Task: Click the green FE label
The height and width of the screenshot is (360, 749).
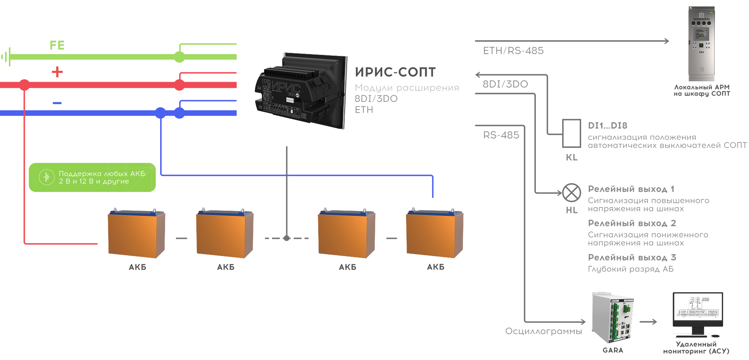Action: click(x=57, y=45)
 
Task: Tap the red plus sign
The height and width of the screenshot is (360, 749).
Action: click(x=57, y=72)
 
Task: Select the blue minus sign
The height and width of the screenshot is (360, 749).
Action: click(x=57, y=103)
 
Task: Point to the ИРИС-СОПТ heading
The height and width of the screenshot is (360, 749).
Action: click(x=395, y=72)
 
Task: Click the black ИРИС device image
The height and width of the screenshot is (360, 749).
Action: click(x=300, y=91)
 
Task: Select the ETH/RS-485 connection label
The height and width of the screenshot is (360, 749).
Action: click(x=513, y=51)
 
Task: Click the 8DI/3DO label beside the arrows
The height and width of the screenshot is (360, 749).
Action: click(x=505, y=84)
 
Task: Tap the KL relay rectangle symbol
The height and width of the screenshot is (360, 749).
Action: click(x=571, y=134)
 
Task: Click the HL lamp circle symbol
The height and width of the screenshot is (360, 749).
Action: click(x=571, y=192)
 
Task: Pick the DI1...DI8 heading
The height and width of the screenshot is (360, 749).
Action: click(x=607, y=125)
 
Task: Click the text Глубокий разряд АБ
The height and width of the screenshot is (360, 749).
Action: click(x=631, y=269)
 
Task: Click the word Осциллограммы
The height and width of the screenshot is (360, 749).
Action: click(x=544, y=331)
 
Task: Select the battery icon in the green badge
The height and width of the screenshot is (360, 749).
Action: click(x=47, y=177)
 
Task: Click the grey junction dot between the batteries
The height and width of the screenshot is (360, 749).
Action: click(x=287, y=238)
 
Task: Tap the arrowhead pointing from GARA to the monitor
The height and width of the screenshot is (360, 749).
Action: click(x=655, y=322)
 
